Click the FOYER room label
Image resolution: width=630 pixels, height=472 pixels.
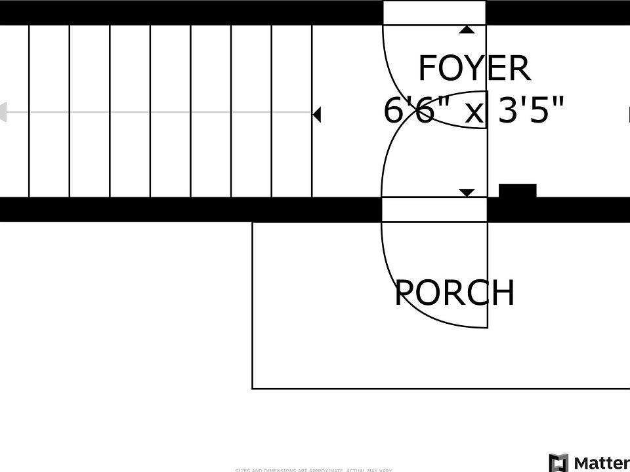coord(474,68)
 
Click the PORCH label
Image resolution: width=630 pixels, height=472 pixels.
coord(455,293)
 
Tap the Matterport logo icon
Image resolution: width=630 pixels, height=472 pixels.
coord(558,462)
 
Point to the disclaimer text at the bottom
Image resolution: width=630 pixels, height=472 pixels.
coord(314,469)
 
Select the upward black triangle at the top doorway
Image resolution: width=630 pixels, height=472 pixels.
coord(467,29)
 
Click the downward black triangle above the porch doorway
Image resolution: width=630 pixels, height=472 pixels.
coord(467,193)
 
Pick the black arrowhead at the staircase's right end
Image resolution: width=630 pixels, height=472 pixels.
coord(316,115)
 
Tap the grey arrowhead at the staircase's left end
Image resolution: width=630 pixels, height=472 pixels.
coord(3,112)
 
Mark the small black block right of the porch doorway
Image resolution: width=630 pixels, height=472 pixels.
coord(518,191)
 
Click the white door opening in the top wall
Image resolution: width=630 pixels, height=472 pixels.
coord(434,12)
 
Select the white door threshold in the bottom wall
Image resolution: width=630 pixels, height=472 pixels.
coord(434,209)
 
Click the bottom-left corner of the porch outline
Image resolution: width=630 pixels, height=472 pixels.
coord(253,388)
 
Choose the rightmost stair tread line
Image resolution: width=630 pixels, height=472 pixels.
coord(312,79)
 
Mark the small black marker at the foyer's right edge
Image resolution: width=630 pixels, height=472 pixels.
coord(628,115)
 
